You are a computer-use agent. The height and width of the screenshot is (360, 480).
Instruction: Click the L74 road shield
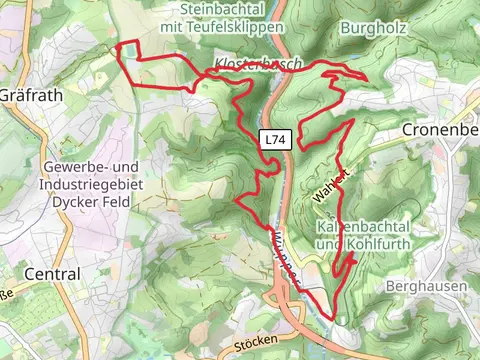tap(276, 142)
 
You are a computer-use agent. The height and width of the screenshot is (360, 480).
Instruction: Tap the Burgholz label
tap(373, 28)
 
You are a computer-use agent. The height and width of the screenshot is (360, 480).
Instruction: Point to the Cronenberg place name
tap(441, 129)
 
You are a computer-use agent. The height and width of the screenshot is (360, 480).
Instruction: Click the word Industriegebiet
tap(94, 184)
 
